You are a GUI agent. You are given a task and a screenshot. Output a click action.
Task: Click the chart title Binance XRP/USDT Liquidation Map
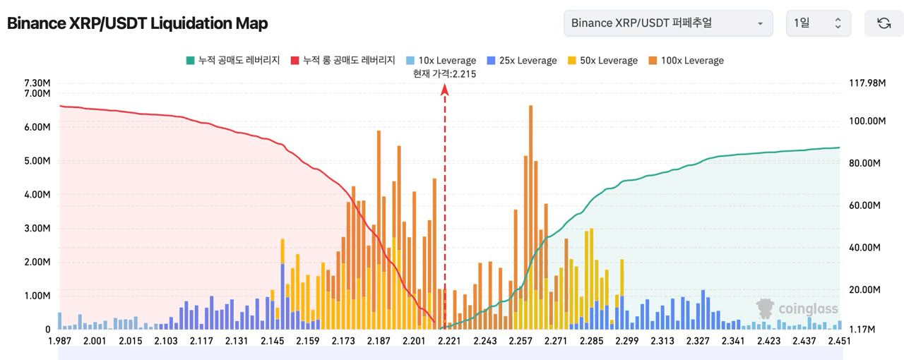tap(137, 23)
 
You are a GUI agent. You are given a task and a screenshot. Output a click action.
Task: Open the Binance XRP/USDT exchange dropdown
tap(667, 23)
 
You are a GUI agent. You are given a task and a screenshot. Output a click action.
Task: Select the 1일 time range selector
tap(818, 23)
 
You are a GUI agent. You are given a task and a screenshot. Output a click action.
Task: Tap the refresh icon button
tap(884, 23)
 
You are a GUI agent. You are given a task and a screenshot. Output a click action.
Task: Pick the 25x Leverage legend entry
tap(521, 61)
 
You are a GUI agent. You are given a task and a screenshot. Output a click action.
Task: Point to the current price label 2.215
tap(444, 73)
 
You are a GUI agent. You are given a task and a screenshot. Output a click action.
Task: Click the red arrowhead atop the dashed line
tap(444, 89)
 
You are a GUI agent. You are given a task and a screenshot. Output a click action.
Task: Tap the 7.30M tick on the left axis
tap(37, 83)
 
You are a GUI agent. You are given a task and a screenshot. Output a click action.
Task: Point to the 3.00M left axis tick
tap(37, 228)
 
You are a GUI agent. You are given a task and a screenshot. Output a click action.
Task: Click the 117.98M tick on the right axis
tap(867, 83)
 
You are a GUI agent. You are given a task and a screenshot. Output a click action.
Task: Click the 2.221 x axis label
tap(449, 342)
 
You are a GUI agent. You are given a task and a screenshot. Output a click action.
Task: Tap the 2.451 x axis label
tap(839, 342)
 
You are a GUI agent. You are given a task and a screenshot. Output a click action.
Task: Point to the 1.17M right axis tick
tap(863, 330)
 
